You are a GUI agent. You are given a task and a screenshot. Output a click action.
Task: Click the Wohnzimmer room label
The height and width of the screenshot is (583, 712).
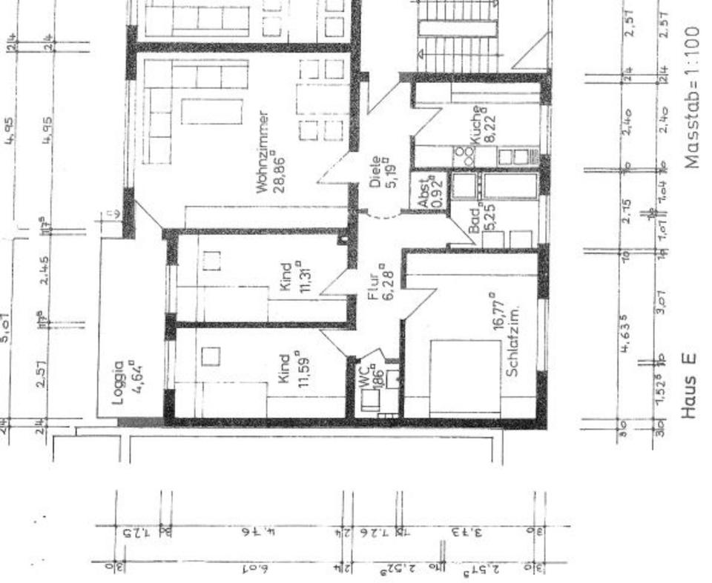coord(266,152)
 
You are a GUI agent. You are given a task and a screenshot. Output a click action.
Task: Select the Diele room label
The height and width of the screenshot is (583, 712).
coord(376,173)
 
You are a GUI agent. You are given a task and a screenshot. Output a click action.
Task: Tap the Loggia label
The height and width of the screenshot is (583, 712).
coord(117,383)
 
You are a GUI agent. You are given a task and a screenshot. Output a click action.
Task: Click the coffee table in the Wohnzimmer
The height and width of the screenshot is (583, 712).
coord(211,112)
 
